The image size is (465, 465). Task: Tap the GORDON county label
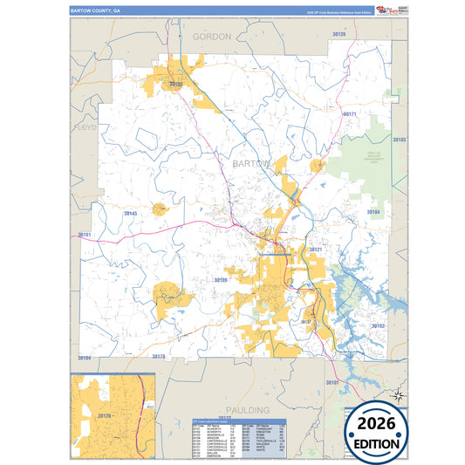click(211, 37)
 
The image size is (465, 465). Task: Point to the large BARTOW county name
click(252, 163)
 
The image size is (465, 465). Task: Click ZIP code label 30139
click(339, 34)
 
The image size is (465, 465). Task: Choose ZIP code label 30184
click(373, 212)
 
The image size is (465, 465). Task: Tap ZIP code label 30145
click(131, 213)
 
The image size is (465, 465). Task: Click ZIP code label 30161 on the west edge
click(85, 235)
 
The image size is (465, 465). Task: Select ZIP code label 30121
click(314, 250)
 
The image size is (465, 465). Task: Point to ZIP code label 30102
click(377, 325)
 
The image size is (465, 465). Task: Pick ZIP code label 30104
click(84, 358)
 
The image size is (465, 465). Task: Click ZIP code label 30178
click(159, 357)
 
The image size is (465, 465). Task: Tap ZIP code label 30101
click(333, 382)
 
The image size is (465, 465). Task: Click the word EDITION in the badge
click(377, 442)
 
